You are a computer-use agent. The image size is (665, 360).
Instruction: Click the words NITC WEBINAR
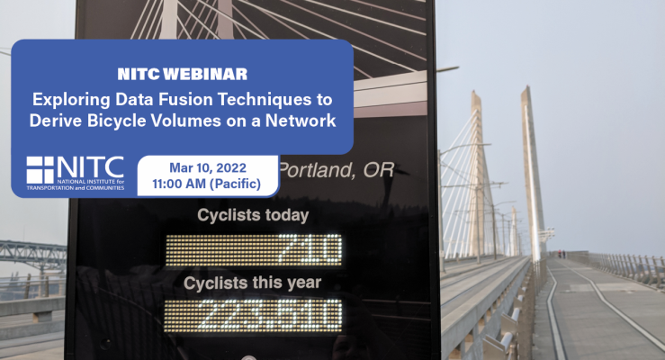(x=183, y=74)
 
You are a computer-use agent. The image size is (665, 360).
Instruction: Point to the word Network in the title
(x=301, y=121)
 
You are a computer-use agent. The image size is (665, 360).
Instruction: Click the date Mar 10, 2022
(x=208, y=168)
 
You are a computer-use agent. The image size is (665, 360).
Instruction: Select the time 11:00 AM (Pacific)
(x=207, y=184)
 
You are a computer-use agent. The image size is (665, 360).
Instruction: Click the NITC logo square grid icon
(x=40, y=170)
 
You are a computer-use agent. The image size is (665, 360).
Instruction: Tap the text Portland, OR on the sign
(x=337, y=170)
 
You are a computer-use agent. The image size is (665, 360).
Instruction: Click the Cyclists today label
(x=253, y=215)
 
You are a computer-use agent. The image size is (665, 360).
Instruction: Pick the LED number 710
(x=310, y=250)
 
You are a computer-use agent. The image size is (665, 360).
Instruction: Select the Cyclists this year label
(x=252, y=283)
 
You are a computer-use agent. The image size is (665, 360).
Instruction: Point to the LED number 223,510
(x=270, y=316)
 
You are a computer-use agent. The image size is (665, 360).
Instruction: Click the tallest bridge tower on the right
(x=533, y=169)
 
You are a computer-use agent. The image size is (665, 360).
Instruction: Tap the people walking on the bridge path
(x=562, y=254)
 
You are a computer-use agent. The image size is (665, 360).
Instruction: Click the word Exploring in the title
(x=71, y=100)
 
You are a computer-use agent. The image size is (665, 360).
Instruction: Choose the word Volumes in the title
(x=186, y=121)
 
